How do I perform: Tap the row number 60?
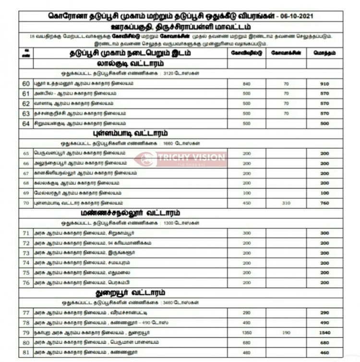point(26,84)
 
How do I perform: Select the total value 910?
point(324,84)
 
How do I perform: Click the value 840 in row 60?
point(247,84)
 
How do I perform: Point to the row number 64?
point(26,124)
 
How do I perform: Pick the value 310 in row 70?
point(287,203)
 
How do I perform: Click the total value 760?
point(324,203)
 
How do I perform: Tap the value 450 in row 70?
point(247,203)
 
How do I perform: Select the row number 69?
point(26,193)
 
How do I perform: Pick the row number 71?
point(26,233)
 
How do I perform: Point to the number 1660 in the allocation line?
point(171,143)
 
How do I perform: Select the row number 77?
point(26,313)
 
